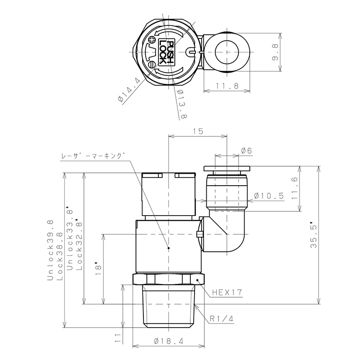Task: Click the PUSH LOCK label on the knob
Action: tap(166, 52)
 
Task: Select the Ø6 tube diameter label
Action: tap(247, 150)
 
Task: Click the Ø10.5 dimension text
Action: tap(269, 196)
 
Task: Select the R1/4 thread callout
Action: tap(222, 319)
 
